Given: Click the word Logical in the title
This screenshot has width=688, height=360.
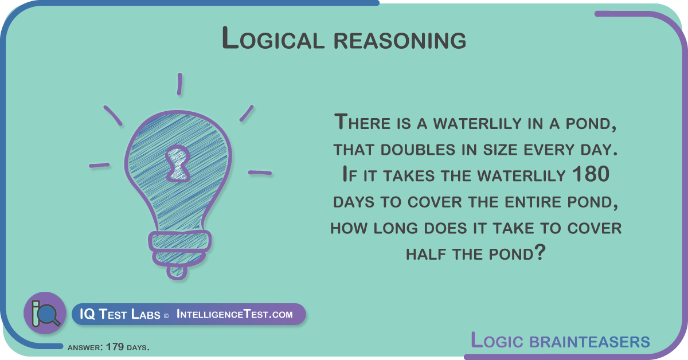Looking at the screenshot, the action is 273,38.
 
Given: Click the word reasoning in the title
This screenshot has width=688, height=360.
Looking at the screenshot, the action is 400,41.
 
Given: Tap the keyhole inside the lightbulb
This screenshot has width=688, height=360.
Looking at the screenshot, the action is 178,163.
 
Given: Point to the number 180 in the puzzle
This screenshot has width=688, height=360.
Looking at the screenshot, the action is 591,174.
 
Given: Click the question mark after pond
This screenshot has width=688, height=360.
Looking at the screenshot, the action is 540,252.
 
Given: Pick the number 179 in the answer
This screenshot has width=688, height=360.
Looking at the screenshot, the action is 115,347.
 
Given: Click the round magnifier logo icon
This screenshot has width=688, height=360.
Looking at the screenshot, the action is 45,313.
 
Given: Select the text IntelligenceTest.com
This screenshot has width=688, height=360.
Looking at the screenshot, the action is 234,314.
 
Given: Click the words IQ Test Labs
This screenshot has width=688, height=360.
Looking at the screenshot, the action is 120,314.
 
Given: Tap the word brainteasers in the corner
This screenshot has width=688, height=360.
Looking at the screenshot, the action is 590,342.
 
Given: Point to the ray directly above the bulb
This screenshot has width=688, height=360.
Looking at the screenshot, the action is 179,84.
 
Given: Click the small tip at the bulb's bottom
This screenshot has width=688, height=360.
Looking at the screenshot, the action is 177,273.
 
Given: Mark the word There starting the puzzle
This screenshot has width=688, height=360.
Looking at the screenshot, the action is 363,122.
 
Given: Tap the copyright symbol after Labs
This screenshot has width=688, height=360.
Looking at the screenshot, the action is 166,316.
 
